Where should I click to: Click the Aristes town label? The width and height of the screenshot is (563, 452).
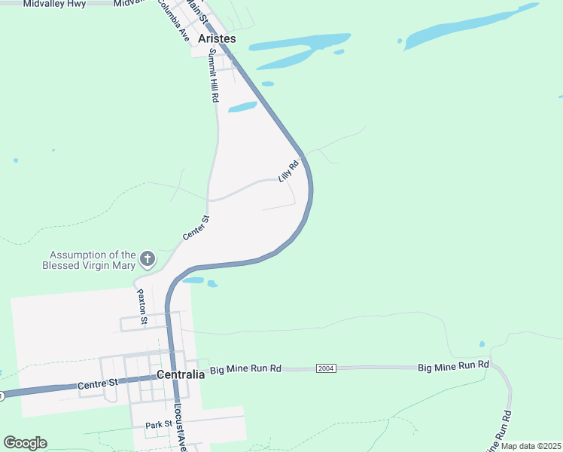(217, 38)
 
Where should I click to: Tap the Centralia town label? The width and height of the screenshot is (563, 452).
(181, 374)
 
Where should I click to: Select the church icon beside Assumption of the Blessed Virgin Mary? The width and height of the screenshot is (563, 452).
(148, 260)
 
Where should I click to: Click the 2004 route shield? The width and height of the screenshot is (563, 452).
(325, 368)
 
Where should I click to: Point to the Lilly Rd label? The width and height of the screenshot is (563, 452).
(288, 169)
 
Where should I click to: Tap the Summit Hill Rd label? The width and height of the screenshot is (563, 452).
(214, 75)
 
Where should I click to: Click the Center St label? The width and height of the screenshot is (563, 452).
(195, 228)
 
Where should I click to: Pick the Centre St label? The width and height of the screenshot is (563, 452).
(99, 384)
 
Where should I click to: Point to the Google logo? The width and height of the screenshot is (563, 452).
(25, 442)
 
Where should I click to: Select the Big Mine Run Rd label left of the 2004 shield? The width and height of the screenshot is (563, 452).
(245, 369)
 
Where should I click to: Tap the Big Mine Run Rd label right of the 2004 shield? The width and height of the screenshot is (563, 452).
(454, 365)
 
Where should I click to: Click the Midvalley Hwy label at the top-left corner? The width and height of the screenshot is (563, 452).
(54, 4)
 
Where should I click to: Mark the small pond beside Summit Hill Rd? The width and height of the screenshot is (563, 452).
(242, 107)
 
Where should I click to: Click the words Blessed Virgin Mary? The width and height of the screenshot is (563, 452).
(89, 265)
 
